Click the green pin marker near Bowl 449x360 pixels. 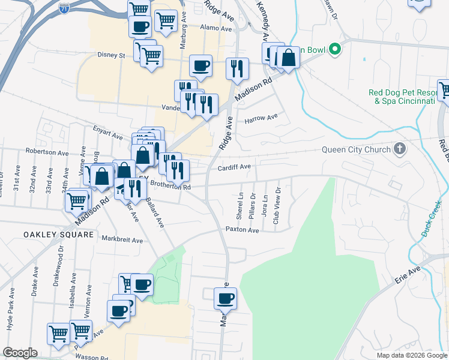point(336,49)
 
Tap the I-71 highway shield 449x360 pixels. point(64,8)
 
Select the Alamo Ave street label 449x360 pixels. point(216,28)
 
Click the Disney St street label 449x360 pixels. point(110,55)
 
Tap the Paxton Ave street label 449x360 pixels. point(242,229)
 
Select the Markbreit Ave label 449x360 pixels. point(122,240)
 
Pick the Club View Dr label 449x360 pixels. point(277,206)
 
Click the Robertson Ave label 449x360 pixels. point(47,152)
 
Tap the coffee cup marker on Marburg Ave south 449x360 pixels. point(226,298)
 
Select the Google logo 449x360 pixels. point(20,353)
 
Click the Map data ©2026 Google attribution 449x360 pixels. point(411,355)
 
